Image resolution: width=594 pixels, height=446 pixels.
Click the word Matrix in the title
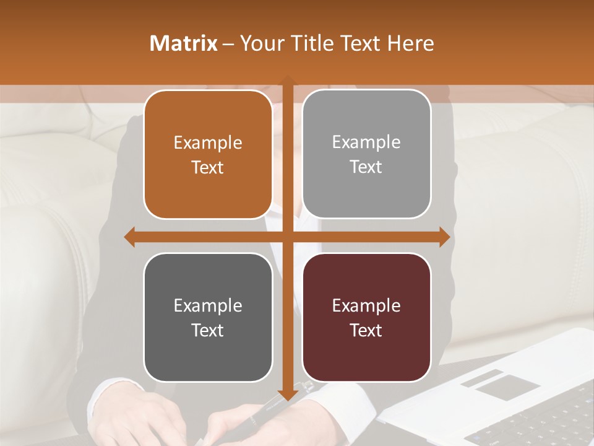point(184,43)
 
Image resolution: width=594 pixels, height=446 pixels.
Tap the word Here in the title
point(410,43)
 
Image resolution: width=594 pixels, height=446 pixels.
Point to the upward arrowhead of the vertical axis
point(287,81)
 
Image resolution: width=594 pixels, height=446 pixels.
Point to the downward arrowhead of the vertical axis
point(287,395)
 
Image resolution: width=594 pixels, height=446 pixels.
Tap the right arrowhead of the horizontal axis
point(444,237)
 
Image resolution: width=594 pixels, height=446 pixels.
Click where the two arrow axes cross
point(287,237)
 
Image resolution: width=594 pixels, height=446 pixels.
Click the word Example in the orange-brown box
point(208,143)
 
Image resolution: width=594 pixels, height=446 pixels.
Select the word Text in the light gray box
point(366,167)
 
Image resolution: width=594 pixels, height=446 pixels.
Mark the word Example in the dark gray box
point(208,305)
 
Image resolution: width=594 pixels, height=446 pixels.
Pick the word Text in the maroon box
point(366,330)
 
